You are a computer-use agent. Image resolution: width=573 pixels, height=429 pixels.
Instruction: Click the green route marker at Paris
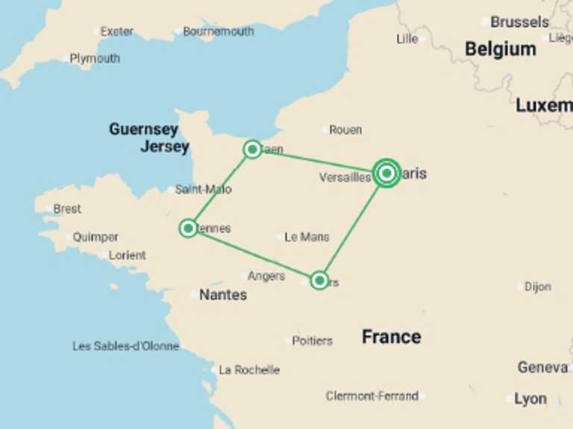[386, 174]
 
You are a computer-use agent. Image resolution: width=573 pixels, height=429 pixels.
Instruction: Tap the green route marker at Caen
[252, 150]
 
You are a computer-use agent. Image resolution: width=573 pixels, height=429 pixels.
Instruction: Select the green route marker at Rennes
[188, 228]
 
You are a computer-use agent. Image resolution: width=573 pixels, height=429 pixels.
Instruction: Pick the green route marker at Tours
[319, 280]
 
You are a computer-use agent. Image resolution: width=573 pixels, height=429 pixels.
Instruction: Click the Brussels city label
[519, 22]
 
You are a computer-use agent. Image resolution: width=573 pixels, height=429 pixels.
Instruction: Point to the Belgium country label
[500, 49]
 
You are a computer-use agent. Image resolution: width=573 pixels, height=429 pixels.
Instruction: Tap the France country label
[391, 337]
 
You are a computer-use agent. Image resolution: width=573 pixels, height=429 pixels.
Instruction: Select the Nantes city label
[222, 295]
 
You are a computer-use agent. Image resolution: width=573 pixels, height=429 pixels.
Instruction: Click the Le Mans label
[307, 237]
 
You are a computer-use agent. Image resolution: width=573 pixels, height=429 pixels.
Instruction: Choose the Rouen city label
[345, 130]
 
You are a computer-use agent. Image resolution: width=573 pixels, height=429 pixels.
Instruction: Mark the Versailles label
[345, 178]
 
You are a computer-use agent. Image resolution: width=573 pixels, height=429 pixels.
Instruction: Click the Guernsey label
[143, 129]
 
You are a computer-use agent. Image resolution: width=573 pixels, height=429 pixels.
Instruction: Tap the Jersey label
[165, 147]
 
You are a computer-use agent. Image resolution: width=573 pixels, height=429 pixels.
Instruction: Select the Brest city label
[67, 209]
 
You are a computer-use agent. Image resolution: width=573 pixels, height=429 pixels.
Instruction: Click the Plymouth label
[95, 58]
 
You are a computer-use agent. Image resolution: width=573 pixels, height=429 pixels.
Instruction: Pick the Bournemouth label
[218, 31]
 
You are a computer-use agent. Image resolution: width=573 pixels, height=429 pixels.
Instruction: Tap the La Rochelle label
[249, 369]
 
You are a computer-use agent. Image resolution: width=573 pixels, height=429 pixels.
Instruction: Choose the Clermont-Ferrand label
[372, 396]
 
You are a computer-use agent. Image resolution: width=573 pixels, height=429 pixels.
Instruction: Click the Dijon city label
[537, 287]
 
